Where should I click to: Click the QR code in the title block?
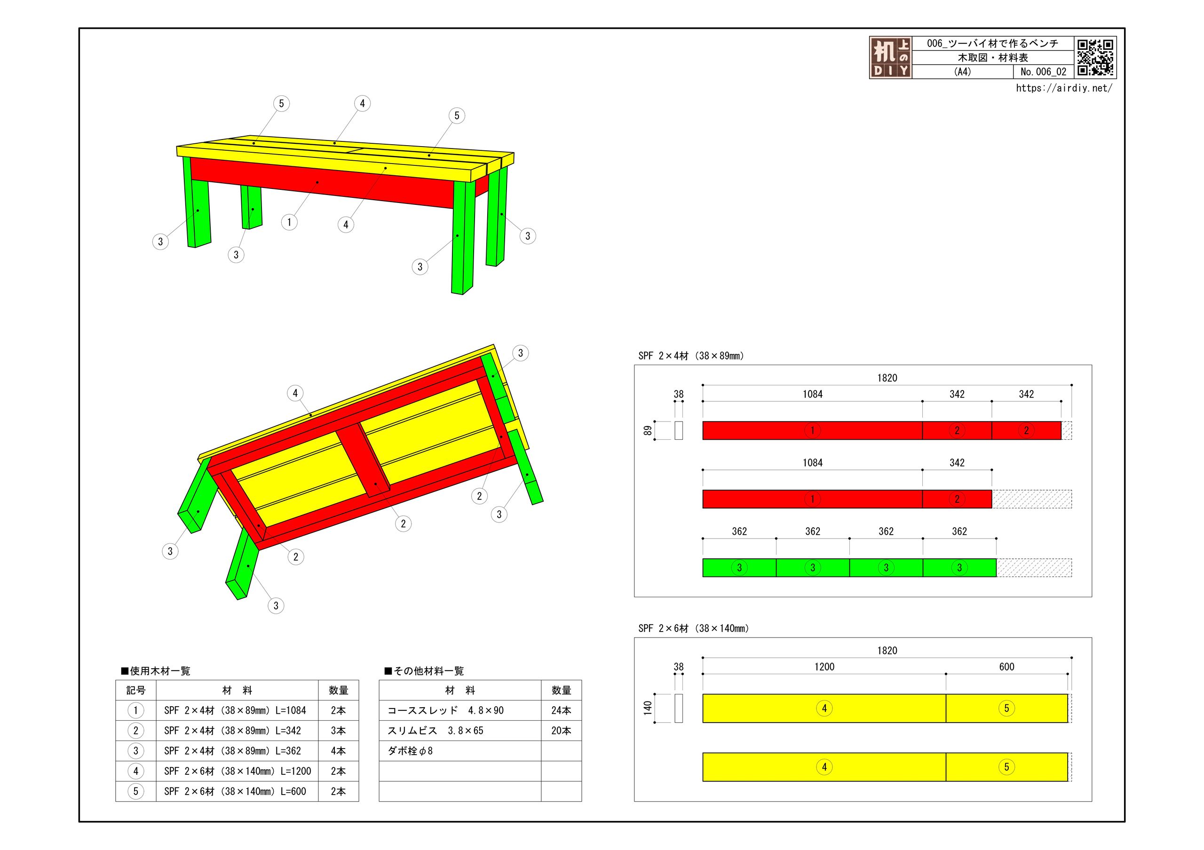coord(1095,57)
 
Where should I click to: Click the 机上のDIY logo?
coord(890,58)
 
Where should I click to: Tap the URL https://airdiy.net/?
coord(1063,88)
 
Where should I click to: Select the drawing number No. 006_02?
coord(1043,72)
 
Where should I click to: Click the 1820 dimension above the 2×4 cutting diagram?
coord(887,378)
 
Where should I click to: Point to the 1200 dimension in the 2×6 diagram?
coord(824,667)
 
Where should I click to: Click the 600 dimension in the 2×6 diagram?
coord(1006,667)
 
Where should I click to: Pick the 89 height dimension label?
coord(648,430)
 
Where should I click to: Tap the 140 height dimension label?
coord(648,708)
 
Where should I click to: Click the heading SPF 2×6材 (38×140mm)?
coord(693,628)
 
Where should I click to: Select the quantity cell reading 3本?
coord(338,731)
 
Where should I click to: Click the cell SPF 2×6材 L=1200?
coord(237,771)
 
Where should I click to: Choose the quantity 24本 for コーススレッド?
coord(561,710)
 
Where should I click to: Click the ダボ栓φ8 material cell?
coord(410,751)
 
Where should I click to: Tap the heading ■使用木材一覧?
coord(156,671)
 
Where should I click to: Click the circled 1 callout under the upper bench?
coord(289,222)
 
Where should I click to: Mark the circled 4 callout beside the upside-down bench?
coord(295,393)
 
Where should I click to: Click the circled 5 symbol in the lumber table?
coord(136,791)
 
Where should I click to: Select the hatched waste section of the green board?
coord(1034,568)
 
